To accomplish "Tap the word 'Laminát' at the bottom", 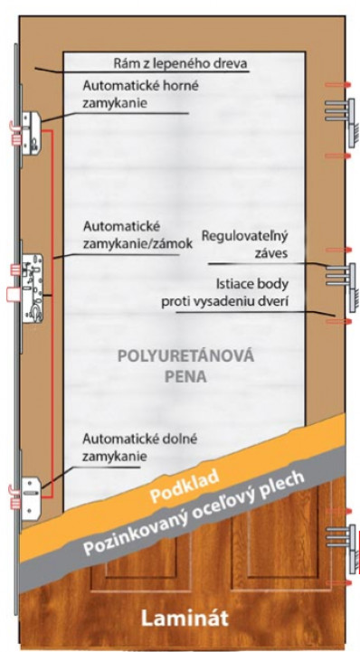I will click(x=183, y=619).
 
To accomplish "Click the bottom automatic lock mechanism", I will click(x=30, y=492).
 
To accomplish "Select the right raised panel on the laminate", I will click(x=271, y=552).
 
